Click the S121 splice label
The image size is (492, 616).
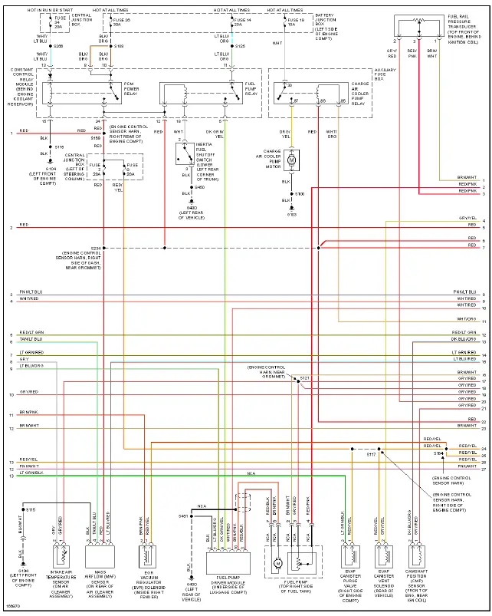304,378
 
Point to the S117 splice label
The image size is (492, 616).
371,454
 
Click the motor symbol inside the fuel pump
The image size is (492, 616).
279,562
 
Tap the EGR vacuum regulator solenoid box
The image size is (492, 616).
148,556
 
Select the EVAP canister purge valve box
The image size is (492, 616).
352,555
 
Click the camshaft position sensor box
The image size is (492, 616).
418,555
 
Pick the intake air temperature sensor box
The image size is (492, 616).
61,556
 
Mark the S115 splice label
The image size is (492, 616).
31,509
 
